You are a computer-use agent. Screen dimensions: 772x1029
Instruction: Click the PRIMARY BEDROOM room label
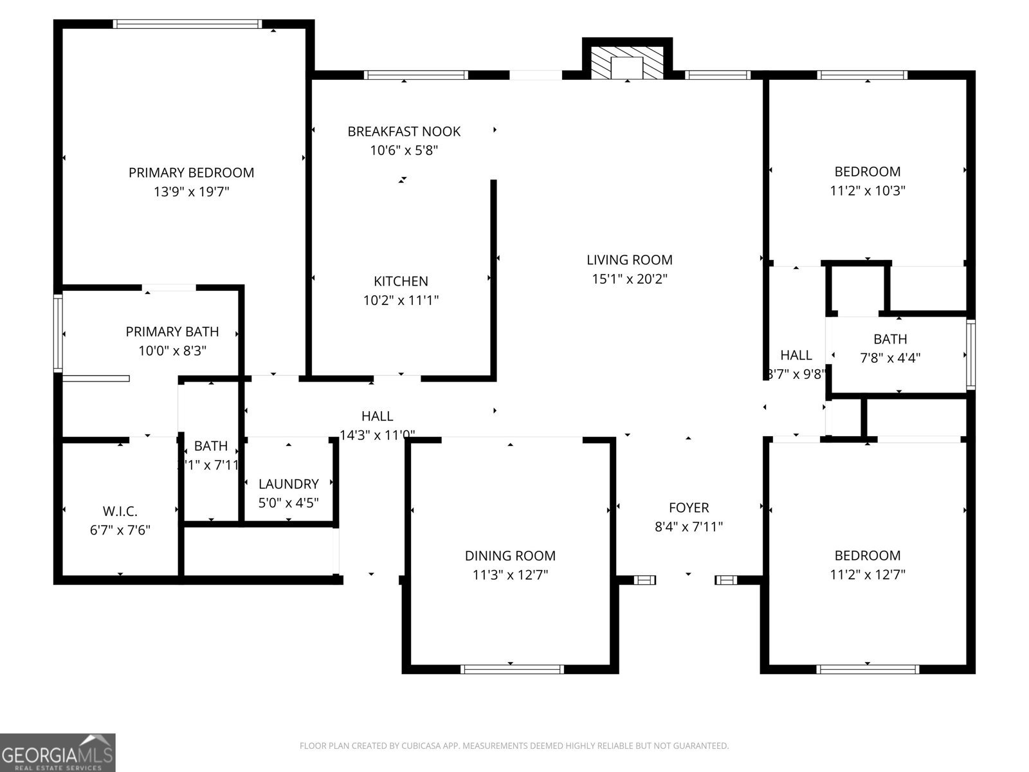(x=191, y=172)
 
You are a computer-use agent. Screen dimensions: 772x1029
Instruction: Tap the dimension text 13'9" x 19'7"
(x=191, y=192)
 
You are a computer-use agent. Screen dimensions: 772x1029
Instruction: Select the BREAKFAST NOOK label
(x=404, y=131)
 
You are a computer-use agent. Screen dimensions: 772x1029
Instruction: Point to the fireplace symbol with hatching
(x=627, y=63)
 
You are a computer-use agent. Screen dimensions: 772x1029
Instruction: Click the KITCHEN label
(x=401, y=281)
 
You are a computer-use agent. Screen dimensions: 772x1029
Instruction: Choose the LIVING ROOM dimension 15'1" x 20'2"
(x=630, y=279)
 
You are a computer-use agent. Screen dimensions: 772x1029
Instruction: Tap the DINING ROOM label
(x=510, y=556)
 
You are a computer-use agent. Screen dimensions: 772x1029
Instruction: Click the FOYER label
(x=688, y=508)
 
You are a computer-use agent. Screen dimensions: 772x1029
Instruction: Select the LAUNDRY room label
(x=288, y=484)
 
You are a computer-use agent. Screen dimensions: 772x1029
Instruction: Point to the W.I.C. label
(x=120, y=511)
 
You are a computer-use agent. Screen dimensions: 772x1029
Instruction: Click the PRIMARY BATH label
(x=172, y=332)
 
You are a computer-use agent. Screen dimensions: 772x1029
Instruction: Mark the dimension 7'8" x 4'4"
(x=890, y=358)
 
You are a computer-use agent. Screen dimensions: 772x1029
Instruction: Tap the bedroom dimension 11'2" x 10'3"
(x=868, y=191)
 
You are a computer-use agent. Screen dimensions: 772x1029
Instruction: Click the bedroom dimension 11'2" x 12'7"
(x=868, y=574)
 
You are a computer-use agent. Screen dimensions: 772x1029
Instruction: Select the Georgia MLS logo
(x=57, y=752)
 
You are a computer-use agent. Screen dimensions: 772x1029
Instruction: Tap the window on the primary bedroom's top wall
(x=187, y=24)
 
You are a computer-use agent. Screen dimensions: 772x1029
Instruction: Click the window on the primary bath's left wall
(x=58, y=333)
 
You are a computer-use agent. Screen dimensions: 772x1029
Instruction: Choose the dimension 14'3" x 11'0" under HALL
(x=377, y=435)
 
